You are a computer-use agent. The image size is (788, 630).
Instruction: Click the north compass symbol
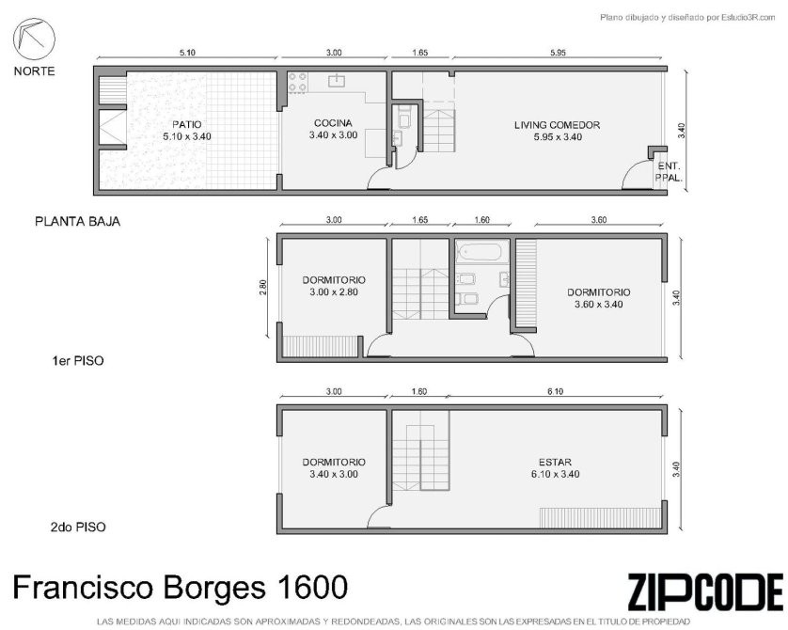(x=34, y=39)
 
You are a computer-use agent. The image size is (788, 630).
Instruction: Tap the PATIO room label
(x=187, y=125)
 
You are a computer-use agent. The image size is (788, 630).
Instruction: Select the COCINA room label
(x=333, y=123)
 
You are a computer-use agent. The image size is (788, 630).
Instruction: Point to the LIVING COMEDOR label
(x=558, y=125)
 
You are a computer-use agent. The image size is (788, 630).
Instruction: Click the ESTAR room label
(x=555, y=463)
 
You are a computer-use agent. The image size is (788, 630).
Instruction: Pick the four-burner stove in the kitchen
(x=297, y=83)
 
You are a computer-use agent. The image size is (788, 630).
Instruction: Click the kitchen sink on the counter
(x=337, y=80)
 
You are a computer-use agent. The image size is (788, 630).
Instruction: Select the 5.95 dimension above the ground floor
(x=558, y=53)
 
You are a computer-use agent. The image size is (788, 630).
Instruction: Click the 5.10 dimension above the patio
(x=187, y=53)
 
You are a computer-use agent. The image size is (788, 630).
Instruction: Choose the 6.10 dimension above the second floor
(x=556, y=391)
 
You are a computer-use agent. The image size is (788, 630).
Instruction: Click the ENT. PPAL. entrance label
(x=669, y=172)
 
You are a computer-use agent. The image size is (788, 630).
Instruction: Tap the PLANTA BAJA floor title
(x=77, y=222)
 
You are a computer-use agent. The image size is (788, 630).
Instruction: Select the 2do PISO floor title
(x=78, y=527)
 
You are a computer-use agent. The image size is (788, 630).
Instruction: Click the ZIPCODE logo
(x=705, y=592)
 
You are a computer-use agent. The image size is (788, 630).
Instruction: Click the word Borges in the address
(x=214, y=588)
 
